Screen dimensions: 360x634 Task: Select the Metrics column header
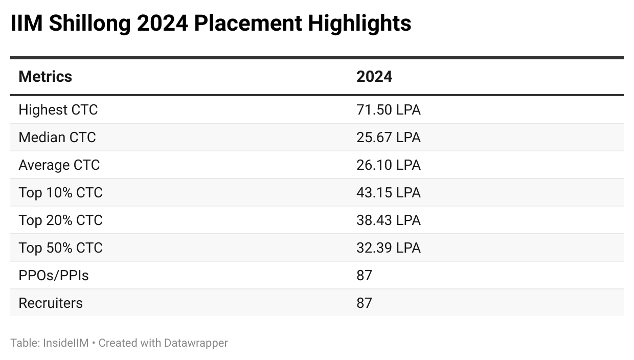[45, 77]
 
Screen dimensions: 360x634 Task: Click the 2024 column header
[374, 77]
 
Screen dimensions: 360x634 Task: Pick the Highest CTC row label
[58, 110]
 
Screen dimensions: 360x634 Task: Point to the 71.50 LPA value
[388, 110]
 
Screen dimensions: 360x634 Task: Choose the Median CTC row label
[57, 138]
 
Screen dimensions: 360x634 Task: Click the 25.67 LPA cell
[388, 138]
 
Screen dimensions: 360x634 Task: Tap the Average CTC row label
[59, 165]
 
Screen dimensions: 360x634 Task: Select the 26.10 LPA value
[388, 165]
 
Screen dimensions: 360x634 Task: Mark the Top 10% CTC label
[60, 193]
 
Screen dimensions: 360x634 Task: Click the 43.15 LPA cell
[388, 193]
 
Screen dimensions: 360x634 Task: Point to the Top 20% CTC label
[60, 220]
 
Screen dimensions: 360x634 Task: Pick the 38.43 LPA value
[388, 220]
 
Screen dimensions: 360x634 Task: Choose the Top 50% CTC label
[60, 248]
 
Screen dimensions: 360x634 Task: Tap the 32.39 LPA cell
[388, 248]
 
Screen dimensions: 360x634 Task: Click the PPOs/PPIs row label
[53, 276]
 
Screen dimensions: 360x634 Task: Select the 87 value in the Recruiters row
[364, 303]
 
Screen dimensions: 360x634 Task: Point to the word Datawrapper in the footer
[196, 343]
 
